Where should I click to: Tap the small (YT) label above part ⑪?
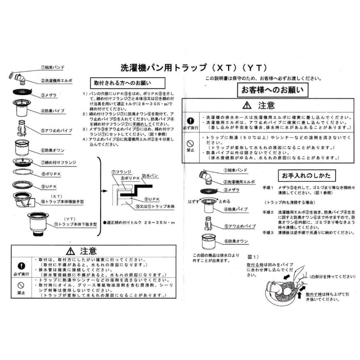[x=70, y=219]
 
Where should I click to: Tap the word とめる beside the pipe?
[x=224, y=202]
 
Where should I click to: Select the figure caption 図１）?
[x=254, y=256]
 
